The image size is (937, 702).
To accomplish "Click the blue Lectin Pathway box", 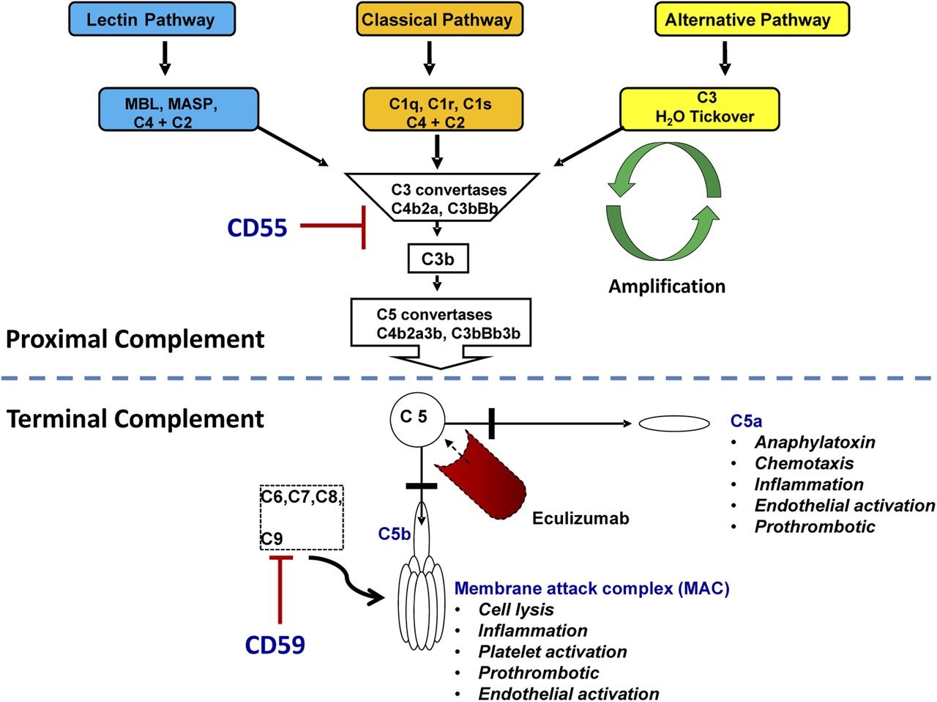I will pos(152,20).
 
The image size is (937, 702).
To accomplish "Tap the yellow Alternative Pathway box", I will pos(750,20).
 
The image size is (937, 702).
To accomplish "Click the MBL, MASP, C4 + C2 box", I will pos(178,110).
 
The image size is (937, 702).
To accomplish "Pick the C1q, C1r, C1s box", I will pos(443,110).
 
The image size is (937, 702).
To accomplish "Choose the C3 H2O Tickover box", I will pos(700,108).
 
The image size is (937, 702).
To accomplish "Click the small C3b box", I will pos(438,259).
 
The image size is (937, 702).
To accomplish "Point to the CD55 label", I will pos(257,228).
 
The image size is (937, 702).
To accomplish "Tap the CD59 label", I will pos(275,645).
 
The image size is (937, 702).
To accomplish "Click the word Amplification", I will pos(667,287).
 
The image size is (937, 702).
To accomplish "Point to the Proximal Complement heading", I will pos(135,339).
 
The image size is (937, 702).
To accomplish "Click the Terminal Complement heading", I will pos(135,418).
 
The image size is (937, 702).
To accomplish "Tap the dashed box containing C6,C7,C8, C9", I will pos(302,517).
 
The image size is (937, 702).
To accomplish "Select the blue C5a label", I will pos(746,421).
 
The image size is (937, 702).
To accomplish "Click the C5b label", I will pos(394,534).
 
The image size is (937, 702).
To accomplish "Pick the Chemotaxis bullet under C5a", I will pos(803,463).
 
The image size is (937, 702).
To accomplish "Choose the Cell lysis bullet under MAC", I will pos(515,610).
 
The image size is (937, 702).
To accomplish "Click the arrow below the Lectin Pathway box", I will pos(165,58).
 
